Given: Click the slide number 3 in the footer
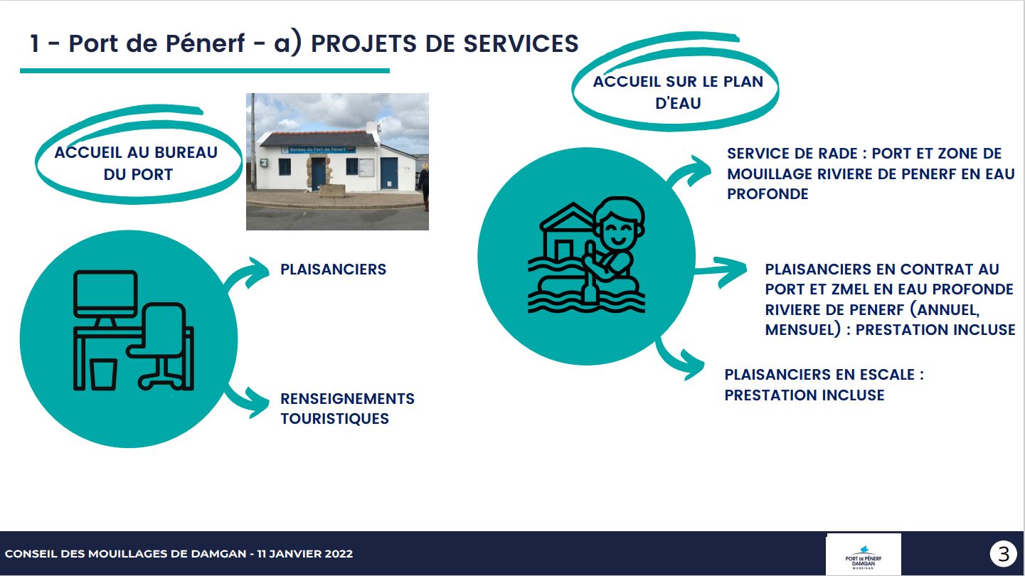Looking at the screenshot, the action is pyautogui.click(x=1003, y=553).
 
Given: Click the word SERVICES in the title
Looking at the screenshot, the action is pyautogui.click(x=521, y=44).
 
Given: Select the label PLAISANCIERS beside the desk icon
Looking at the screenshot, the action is pyautogui.click(x=333, y=269).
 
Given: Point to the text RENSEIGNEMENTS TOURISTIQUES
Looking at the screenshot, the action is pyautogui.click(x=347, y=409).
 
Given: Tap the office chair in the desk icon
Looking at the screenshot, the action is pyautogui.click(x=160, y=346).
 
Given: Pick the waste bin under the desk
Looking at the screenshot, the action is pyautogui.click(x=103, y=374).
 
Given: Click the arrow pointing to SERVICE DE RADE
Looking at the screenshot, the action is pyautogui.click(x=689, y=171).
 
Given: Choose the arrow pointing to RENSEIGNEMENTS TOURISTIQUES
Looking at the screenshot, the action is pyautogui.click(x=246, y=400).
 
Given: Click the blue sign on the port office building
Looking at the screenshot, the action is pyautogui.click(x=318, y=149).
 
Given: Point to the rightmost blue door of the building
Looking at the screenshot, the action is pyautogui.click(x=389, y=173).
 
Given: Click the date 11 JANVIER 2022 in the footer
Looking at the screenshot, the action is pyautogui.click(x=304, y=553).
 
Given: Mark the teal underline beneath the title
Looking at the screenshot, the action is pyautogui.click(x=205, y=71).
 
